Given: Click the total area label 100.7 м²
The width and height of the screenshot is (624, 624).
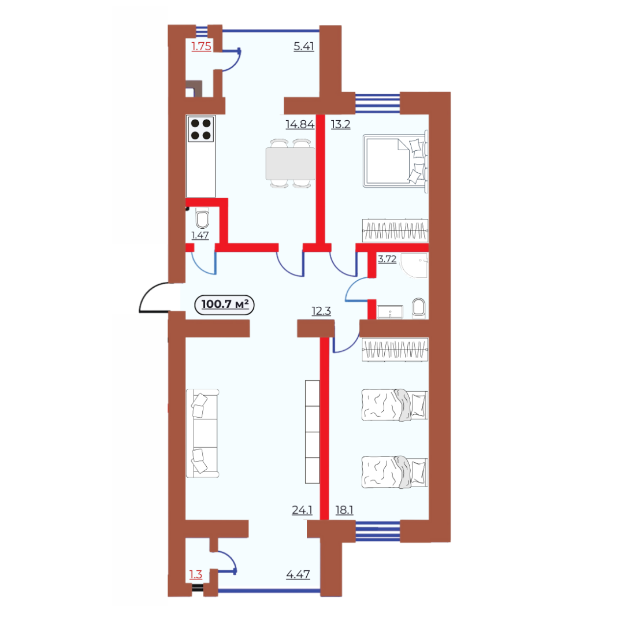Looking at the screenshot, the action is pyautogui.click(x=225, y=304).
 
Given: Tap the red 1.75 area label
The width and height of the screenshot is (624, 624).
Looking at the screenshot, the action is pyautogui.click(x=202, y=47).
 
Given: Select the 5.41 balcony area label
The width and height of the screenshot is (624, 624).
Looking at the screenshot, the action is pyautogui.click(x=304, y=47).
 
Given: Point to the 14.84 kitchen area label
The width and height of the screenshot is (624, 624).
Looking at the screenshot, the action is pyautogui.click(x=300, y=125).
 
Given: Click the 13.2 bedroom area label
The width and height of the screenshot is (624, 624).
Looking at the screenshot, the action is pyautogui.click(x=341, y=125).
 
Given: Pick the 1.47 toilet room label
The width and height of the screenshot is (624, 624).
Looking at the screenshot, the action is pyautogui.click(x=200, y=236).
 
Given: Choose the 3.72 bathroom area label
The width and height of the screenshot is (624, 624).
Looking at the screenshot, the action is pyautogui.click(x=387, y=259).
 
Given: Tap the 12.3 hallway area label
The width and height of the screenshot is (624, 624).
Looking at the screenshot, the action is pyautogui.click(x=321, y=311).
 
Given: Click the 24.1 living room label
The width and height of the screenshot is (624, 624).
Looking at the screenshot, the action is pyautogui.click(x=302, y=510).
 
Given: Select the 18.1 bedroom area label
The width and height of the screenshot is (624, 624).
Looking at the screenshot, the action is pyautogui.click(x=344, y=510).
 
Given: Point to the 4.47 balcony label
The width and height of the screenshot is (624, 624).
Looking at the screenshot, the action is pyautogui.click(x=298, y=575).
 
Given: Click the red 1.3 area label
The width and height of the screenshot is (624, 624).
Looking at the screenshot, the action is pyautogui.click(x=196, y=575).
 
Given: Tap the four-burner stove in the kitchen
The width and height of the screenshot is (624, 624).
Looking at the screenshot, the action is pyautogui.click(x=201, y=129).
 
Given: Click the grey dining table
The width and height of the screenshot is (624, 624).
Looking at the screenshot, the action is pyautogui.click(x=290, y=163).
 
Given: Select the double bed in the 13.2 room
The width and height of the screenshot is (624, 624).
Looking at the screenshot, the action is pyautogui.click(x=395, y=161).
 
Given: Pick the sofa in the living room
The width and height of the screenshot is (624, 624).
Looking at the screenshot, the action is pyautogui.click(x=203, y=433).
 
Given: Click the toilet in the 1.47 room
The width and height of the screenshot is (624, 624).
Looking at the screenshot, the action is pyautogui.click(x=202, y=220).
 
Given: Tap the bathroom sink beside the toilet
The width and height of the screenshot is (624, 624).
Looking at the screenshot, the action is pyautogui.click(x=390, y=312).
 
